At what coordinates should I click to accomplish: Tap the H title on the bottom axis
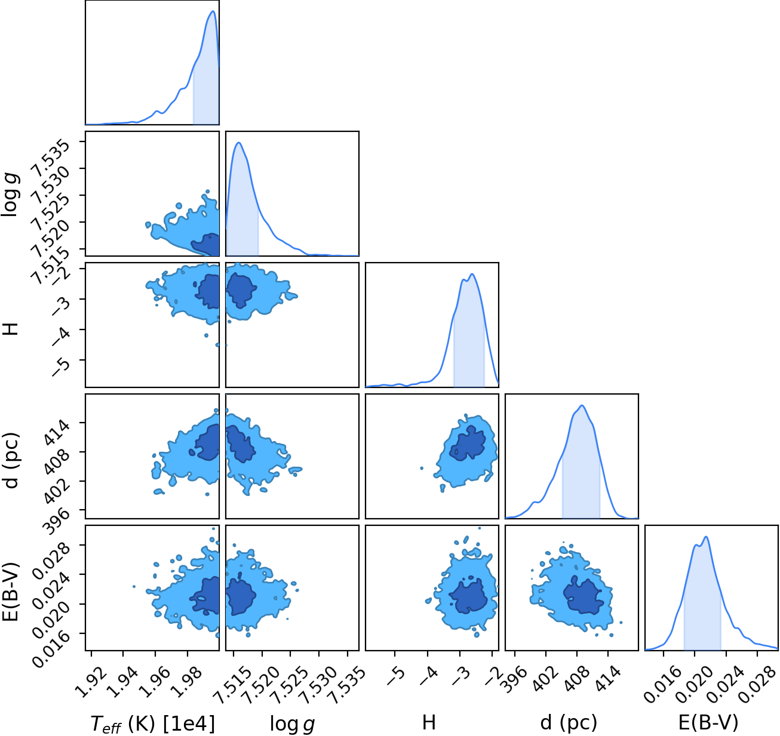coord(429,722)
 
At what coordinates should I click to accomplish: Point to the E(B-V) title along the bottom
coord(708,723)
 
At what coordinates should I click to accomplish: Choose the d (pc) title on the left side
coord(13,460)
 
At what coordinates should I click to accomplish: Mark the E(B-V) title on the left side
coord(12,592)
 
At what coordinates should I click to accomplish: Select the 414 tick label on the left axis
coord(57,434)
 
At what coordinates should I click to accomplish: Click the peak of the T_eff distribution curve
coord(213,11)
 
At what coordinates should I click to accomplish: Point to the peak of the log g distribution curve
coord(239,143)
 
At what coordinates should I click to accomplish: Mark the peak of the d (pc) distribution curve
coord(582,405)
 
